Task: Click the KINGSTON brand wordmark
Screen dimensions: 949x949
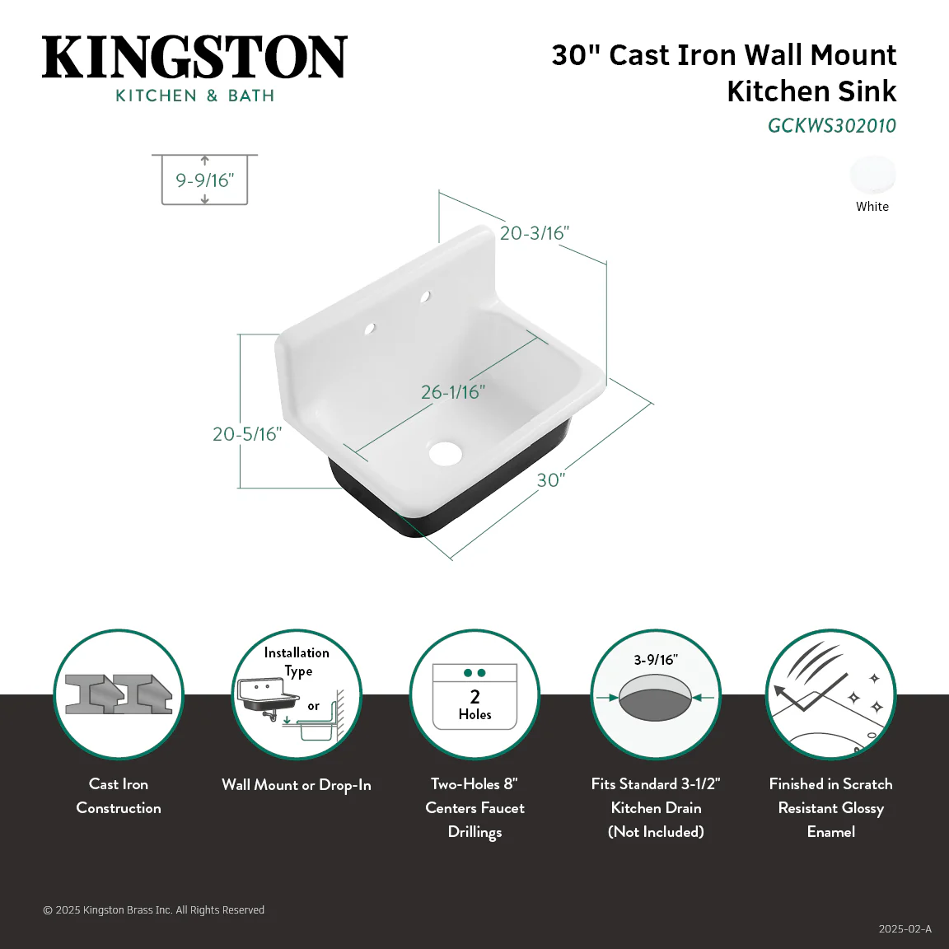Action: (194, 57)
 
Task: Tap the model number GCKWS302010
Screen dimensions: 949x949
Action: (831, 126)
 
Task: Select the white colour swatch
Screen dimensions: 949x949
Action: (872, 175)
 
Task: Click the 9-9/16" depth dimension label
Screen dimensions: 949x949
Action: (204, 180)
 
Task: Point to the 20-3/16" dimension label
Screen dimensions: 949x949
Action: (535, 233)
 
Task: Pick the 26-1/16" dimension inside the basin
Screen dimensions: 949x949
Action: (453, 392)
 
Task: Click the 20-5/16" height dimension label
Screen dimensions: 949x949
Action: (247, 434)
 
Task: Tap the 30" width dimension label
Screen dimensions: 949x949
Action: (551, 480)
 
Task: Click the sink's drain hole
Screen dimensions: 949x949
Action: (446, 453)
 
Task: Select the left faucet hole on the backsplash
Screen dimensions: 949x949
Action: (369, 329)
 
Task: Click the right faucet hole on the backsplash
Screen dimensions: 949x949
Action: (425, 297)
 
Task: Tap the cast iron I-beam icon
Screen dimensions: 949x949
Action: (119, 694)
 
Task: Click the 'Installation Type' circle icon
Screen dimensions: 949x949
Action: (297, 694)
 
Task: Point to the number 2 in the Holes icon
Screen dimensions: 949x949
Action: (475, 697)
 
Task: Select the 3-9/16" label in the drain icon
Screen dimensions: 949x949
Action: (656, 660)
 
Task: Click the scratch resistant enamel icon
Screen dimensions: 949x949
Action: (831, 694)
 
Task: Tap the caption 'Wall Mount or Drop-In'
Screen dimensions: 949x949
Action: (297, 785)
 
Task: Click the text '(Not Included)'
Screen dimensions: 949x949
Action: (656, 831)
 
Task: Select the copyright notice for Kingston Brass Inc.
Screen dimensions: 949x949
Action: (154, 909)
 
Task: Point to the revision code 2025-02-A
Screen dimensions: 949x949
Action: (905, 929)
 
